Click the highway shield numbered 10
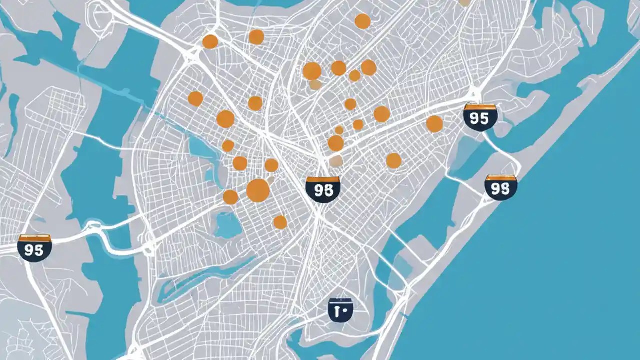pos(340,310)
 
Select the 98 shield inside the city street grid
pos(323,189)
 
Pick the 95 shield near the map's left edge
pos(34,248)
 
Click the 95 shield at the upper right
pos(480,117)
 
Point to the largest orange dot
pos(258,190)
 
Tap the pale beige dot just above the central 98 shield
pos(336,161)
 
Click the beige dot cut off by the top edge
pos(464,2)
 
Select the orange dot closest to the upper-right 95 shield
pos(434,124)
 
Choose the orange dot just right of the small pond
pos(280,222)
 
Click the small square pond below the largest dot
pos(228,225)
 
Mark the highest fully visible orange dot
pos(362,21)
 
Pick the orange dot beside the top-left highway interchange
pos(210,41)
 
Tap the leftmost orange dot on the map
pos(195,98)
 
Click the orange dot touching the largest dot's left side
pos(230,197)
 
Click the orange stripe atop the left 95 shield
pos(34,238)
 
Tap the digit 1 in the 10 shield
pos(337,310)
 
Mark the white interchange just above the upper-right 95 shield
pos(473,93)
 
